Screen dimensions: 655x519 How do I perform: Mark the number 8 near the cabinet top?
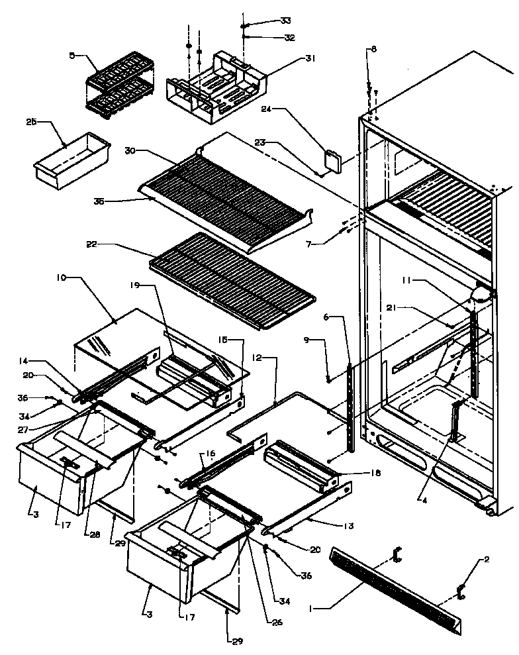[x=373, y=49]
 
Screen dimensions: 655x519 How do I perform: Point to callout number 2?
[x=487, y=560]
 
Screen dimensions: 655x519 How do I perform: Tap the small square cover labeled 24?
[x=331, y=161]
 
